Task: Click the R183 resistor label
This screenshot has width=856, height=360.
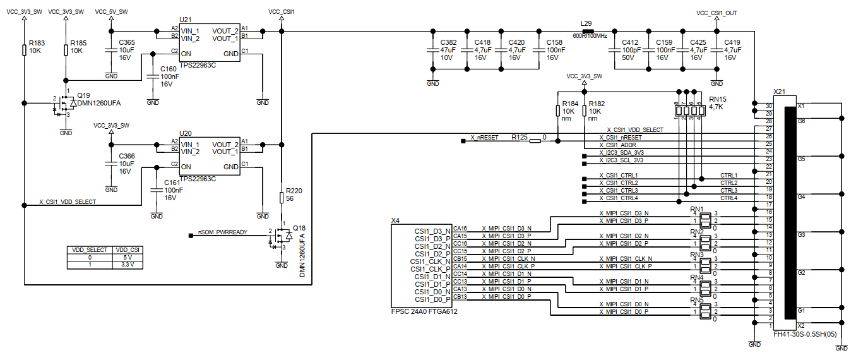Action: [37, 43]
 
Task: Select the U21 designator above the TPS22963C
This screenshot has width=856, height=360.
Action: [186, 20]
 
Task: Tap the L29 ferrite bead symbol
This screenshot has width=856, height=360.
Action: [587, 32]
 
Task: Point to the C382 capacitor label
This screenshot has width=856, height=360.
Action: [448, 42]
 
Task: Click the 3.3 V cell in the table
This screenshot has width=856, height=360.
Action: [128, 265]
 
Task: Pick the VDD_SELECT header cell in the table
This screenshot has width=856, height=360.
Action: [90, 250]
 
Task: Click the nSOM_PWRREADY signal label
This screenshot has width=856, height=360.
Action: [223, 232]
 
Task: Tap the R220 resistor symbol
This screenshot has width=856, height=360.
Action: [282, 198]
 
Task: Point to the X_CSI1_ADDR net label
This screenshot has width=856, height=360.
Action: [617, 145]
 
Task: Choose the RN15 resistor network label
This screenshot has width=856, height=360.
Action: [718, 99]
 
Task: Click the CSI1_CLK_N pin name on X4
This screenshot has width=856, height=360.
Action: [431, 261]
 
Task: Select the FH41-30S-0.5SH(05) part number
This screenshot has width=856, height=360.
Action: [805, 334]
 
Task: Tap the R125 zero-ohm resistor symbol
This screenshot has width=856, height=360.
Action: [535, 141]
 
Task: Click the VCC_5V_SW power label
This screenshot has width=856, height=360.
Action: [111, 12]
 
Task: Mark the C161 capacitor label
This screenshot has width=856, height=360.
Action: [172, 183]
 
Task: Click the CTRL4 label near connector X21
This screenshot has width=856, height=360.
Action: [728, 198]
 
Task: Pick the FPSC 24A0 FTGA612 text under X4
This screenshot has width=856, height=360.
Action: [424, 311]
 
